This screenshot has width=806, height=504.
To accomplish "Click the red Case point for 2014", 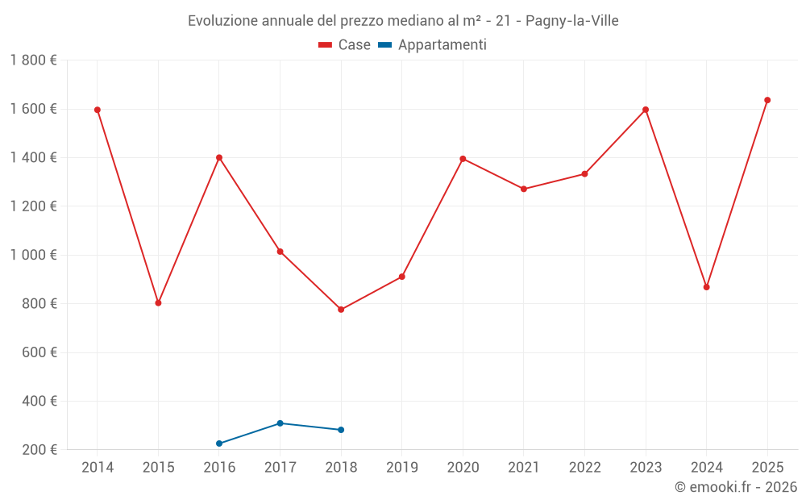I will (98, 110).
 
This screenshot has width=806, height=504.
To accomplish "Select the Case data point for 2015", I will (158, 303).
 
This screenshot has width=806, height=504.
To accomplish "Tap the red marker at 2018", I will (341, 310).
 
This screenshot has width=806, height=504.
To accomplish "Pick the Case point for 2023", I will (646, 110).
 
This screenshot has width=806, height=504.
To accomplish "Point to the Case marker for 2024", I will (707, 287).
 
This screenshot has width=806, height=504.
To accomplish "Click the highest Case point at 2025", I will (767, 100).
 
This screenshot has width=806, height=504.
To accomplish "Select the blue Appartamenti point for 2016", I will (219, 444).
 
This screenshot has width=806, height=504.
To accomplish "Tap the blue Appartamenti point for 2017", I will (280, 423).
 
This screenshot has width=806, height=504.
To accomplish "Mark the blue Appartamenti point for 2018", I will (341, 430).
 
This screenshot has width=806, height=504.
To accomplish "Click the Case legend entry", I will (345, 45).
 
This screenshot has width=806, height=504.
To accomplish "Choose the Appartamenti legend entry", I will (433, 45).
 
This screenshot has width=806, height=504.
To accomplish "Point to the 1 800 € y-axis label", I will (33, 60).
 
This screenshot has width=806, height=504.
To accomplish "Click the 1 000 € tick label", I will (33, 255).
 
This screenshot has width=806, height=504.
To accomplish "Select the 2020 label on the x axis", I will (463, 468).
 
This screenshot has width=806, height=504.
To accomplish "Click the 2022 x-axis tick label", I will (584, 468).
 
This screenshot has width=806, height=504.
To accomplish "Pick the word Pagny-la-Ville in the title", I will (572, 21).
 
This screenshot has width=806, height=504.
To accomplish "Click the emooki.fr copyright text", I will (735, 487).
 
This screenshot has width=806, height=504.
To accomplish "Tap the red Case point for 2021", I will (524, 189).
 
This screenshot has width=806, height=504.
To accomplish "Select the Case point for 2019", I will (402, 277).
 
